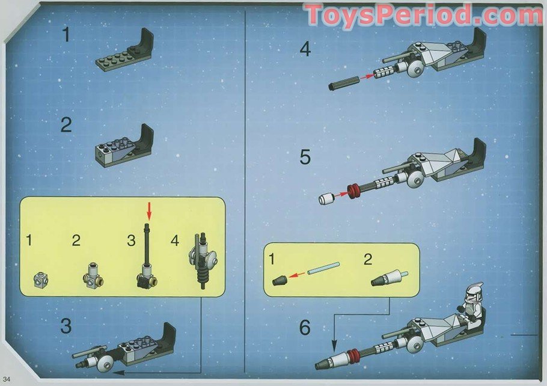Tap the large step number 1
pos(66,35)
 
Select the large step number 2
pos(66,125)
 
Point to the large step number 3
pos(66,326)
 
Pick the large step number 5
pos(305,158)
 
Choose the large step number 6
pos(305,328)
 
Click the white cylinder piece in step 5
pos(326,199)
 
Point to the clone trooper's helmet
pos(476,292)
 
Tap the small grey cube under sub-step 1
pos(40,278)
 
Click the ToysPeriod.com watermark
pos(423,16)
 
